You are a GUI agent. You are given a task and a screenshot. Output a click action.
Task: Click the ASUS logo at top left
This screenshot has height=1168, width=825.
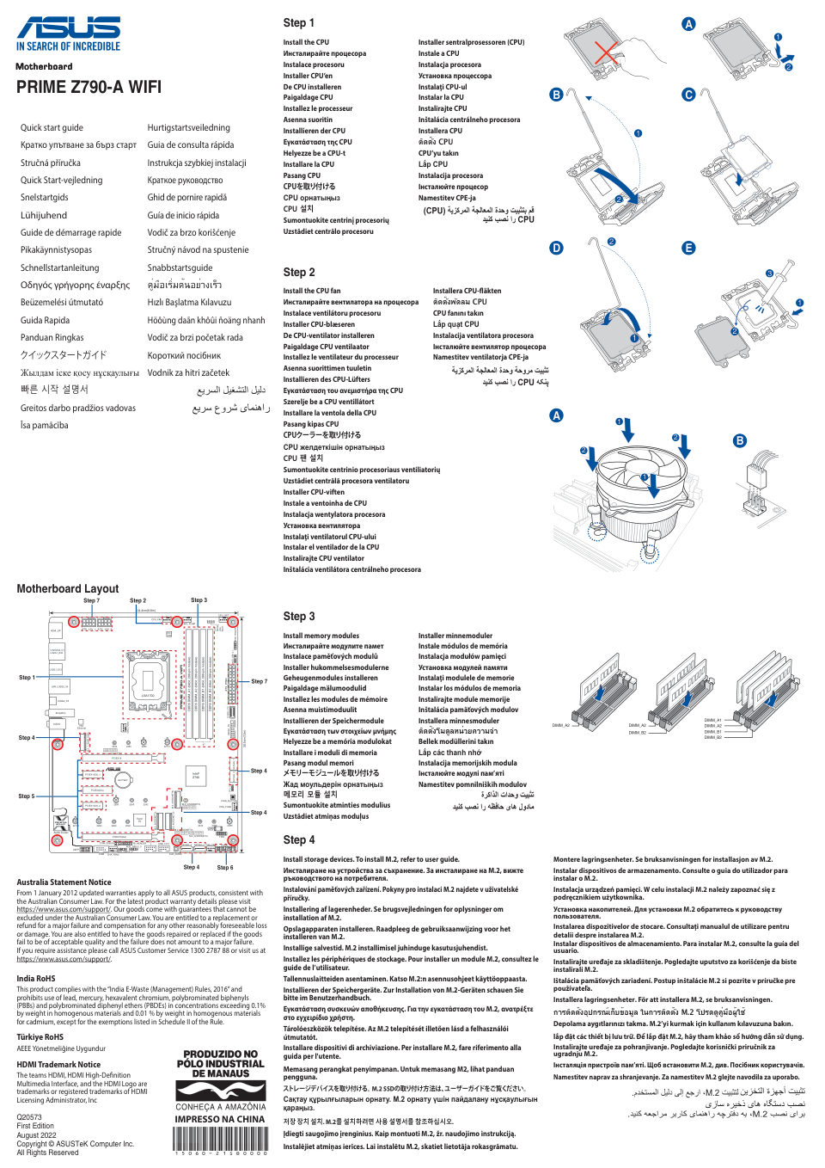pos(69,28)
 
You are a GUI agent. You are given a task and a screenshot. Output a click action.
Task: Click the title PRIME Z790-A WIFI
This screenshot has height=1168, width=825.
pos(89,87)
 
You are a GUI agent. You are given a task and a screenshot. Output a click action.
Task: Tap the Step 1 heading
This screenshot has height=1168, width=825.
pos(299,23)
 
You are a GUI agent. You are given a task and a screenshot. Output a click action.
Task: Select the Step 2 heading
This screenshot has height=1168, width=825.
pos(299,272)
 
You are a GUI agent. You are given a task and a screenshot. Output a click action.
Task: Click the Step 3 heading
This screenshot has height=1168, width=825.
pos(299,616)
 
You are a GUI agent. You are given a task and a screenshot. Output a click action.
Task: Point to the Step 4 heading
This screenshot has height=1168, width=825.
pos(299,839)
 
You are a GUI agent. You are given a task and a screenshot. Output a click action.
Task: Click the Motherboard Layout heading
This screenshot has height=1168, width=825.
pos(68,588)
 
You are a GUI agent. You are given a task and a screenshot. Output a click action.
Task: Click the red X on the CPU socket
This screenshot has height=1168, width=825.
pos(606,53)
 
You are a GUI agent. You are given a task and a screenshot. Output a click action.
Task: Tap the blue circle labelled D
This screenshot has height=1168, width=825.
pos(557,248)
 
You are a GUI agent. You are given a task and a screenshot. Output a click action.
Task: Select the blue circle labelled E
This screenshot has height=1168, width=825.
pos(688,248)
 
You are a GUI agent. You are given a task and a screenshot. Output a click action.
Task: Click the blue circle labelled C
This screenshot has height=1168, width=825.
pos(688,95)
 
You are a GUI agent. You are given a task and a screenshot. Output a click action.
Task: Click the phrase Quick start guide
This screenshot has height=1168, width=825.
pos(52,127)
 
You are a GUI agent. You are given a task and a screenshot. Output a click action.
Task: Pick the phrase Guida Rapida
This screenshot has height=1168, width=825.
pos(45,320)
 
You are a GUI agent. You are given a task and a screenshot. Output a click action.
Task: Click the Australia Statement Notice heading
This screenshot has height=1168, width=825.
pos(64,882)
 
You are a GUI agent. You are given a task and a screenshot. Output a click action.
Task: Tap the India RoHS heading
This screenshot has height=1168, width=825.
pos(35,978)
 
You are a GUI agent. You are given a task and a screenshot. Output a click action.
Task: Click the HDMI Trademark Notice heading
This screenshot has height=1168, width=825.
pos(58,1064)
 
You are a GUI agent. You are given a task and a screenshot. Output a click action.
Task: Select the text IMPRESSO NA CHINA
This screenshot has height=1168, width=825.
pos(220,1119)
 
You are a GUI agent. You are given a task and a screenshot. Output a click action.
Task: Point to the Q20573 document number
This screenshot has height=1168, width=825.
pos(29,1117)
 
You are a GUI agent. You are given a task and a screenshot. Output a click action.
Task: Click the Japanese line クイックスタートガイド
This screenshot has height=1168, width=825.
pos(64,355)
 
